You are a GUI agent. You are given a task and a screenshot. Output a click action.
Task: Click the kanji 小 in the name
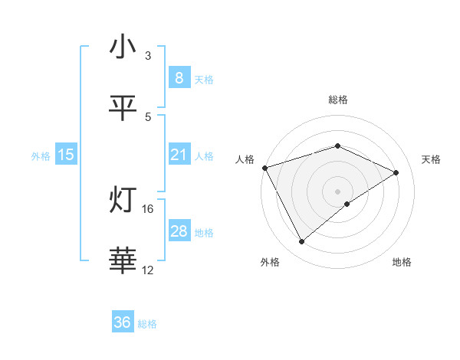(123, 47)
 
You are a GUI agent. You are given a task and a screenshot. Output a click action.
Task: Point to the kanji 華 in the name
(123, 261)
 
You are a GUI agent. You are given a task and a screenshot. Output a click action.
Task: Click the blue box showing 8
(179, 78)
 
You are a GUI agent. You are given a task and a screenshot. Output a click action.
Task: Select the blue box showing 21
(179, 155)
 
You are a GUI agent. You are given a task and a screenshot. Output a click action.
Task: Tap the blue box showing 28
(179, 231)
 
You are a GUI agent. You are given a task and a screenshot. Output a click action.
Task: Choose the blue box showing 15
(66, 155)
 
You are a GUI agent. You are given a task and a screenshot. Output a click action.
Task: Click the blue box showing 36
(123, 322)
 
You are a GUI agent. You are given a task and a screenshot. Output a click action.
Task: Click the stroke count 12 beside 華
(148, 270)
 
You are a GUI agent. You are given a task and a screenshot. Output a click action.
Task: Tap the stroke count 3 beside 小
(148, 56)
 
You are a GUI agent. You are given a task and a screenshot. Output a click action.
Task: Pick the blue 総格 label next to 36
(147, 324)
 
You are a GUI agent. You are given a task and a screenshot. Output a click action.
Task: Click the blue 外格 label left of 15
(41, 156)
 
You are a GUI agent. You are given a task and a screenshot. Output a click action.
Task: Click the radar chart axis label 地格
(402, 262)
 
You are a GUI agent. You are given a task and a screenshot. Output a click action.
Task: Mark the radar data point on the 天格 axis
(396, 172)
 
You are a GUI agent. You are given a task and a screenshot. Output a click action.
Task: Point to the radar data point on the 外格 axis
(301, 242)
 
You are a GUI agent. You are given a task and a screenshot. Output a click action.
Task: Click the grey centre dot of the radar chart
(337, 191)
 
